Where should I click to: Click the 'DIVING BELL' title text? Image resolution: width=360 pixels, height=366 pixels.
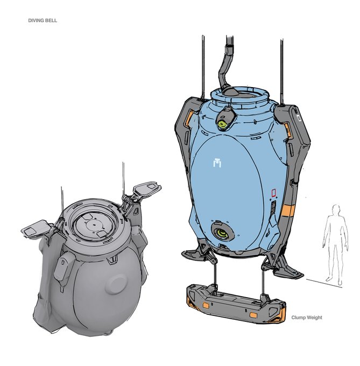tap(43, 20)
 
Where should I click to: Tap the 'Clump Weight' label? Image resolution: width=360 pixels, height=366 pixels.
tap(307, 318)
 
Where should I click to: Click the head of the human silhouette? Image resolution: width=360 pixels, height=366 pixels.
tap(336, 209)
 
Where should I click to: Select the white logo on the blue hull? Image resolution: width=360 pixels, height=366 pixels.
tap(217, 163)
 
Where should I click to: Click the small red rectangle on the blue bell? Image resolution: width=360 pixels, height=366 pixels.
tap(274, 193)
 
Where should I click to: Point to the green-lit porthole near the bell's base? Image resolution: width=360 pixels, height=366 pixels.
tap(222, 231)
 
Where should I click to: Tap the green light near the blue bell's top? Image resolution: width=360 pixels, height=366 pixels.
tap(222, 124)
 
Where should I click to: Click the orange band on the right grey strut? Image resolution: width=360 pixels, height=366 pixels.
tap(288, 210)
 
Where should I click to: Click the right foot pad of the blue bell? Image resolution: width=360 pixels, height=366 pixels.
tap(287, 271)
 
